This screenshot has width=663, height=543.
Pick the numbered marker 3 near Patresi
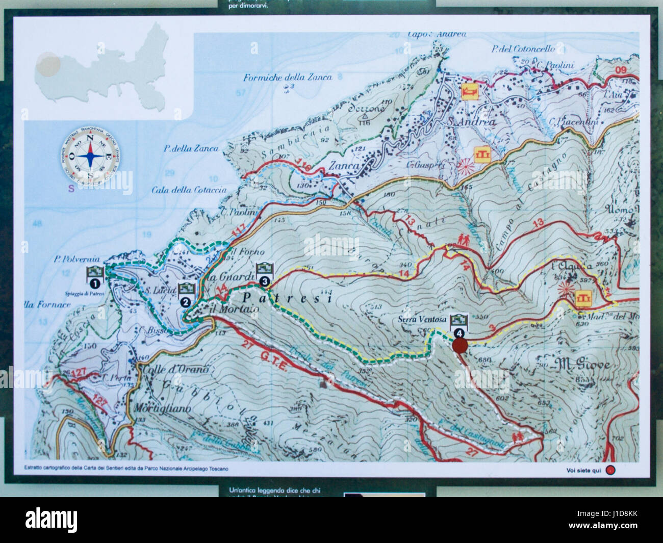click(264, 280)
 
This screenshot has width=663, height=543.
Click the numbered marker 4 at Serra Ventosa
click(460, 332)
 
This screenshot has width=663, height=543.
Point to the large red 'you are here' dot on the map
click(460, 346)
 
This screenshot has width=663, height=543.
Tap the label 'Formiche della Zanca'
click(288, 77)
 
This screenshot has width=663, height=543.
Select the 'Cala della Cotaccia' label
click(189, 190)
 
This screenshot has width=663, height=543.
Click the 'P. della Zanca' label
click(191, 149)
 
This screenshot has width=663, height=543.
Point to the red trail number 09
click(620, 70)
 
